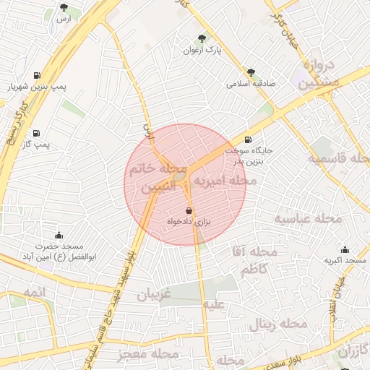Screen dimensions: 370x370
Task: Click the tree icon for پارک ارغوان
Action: [201, 40]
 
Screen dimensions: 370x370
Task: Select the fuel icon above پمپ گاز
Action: [36, 133]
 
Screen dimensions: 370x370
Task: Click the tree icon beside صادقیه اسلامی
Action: [251, 72]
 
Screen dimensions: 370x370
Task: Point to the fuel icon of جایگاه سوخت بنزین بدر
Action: [249, 140]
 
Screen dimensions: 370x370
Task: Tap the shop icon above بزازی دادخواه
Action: [189, 210]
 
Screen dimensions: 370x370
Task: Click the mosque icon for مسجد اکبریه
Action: [345, 249]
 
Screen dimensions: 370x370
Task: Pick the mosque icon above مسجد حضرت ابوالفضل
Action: [59, 235]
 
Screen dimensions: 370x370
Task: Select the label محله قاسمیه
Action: [337, 158]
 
